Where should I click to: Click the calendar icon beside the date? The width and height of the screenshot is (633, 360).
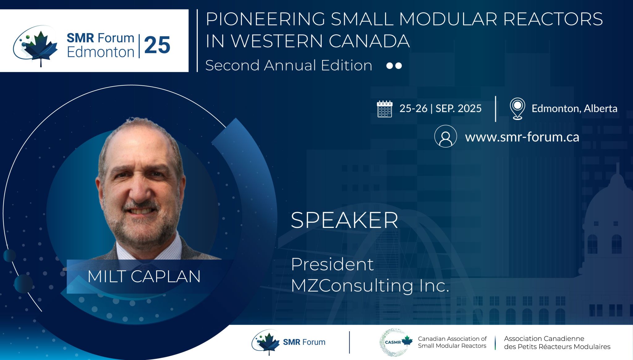pyautogui.click(x=384, y=109)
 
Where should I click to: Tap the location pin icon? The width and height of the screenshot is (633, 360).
pyautogui.click(x=517, y=109)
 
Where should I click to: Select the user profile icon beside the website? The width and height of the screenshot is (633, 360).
pyautogui.click(x=445, y=136)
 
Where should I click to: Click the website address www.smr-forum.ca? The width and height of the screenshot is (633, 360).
pyautogui.click(x=522, y=137)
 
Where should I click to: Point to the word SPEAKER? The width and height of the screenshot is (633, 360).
pyautogui.click(x=344, y=220)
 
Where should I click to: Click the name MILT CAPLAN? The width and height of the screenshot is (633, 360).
pyautogui.click(x=144, y=276)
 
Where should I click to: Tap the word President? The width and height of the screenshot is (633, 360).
pyautogui.click(x=332, y=264)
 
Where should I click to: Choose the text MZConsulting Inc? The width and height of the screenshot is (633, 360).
pyautogui.click(x=370, y=285)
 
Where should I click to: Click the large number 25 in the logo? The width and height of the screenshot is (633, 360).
pyautogui.click(x=157, y=45)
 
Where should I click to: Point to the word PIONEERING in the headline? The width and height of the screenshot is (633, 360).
pyautogui.click(x=266, y=19)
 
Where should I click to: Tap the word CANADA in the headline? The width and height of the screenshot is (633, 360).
pyautogui.click(x=369, y=41)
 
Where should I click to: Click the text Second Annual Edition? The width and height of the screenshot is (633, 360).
pyautogui.click(x=289, y=66)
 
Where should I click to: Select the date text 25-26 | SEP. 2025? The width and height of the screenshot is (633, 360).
pyautogui.click(x=440, y=109)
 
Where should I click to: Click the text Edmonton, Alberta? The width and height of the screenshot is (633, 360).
pyautogui.click(x=574, y=109)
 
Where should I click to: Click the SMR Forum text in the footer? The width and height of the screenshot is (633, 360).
pyautogui.click(x=304, y=342)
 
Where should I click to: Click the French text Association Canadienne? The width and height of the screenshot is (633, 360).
pyautogui.click(x=544, y=339)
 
